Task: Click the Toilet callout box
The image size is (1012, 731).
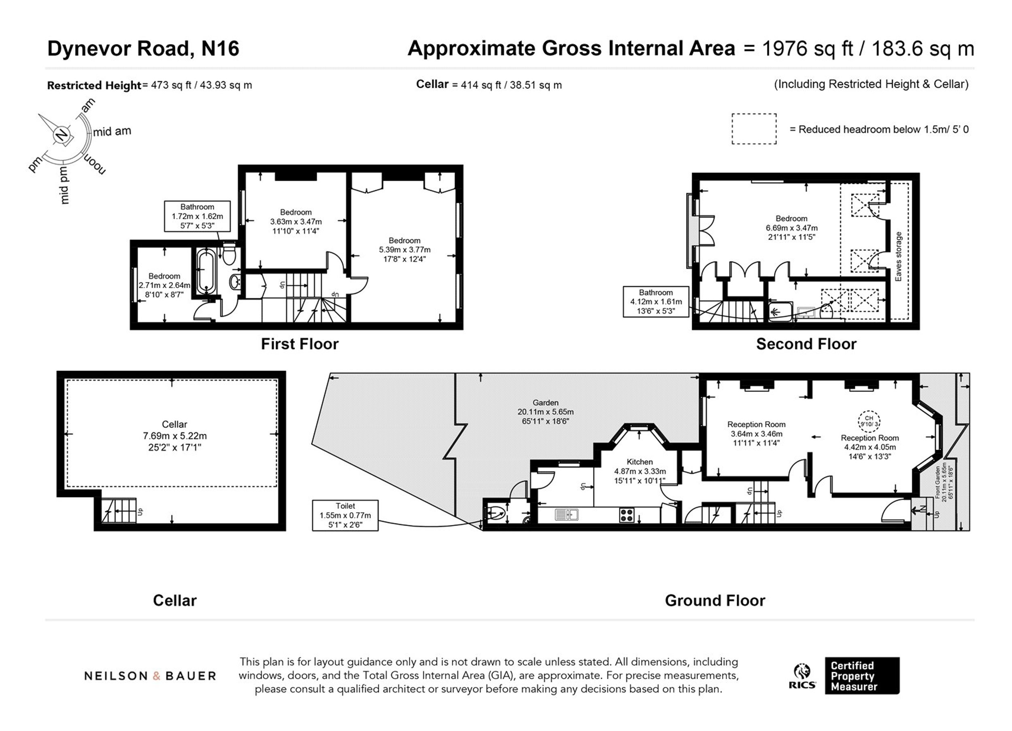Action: pos(345,515)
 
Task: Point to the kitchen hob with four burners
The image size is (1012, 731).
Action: pos(627,515)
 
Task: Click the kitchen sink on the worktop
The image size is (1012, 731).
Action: pos(567,515)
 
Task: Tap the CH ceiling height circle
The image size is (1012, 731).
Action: pos(869,421)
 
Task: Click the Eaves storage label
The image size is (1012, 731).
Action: pos(899,257)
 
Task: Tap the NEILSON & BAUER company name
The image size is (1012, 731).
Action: pos(150,676)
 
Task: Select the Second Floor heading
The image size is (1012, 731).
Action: pos(806,344)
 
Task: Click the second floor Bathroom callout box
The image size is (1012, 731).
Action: pos(656,302)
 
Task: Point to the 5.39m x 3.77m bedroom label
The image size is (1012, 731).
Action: pos(405,250)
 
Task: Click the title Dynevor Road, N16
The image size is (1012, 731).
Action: pos(143,49)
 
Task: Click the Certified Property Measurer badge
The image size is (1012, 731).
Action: pos(862,676)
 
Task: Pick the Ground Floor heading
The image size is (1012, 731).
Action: pos(715,601)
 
